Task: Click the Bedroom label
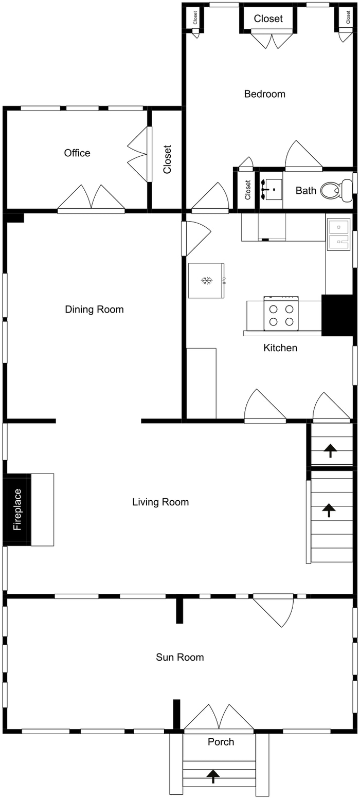click(x=264, y=94)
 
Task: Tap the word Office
click(x=77, y=153)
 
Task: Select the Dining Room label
click(x=94, y=310)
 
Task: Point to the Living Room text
click(x=160, y=502)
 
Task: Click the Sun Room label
click(x=179, y=657)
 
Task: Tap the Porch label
click(x=221, y=742)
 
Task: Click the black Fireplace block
click(x=17, y=509)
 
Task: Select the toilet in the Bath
click(x=336, y=189)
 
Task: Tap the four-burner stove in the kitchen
click(x=281, y=314)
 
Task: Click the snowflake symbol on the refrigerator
click(x=206, y=281)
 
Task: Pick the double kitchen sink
click(x=338, y=234)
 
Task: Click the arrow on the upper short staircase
click(x=330, y=451)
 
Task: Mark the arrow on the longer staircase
click(x=329, y=511)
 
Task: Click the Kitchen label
click(x=280, y=348)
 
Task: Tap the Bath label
click(x=305, y=191)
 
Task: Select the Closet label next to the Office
click(x=167, y=159)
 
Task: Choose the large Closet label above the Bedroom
click(x=268, y=19)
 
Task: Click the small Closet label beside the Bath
click(x=248, y=190)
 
